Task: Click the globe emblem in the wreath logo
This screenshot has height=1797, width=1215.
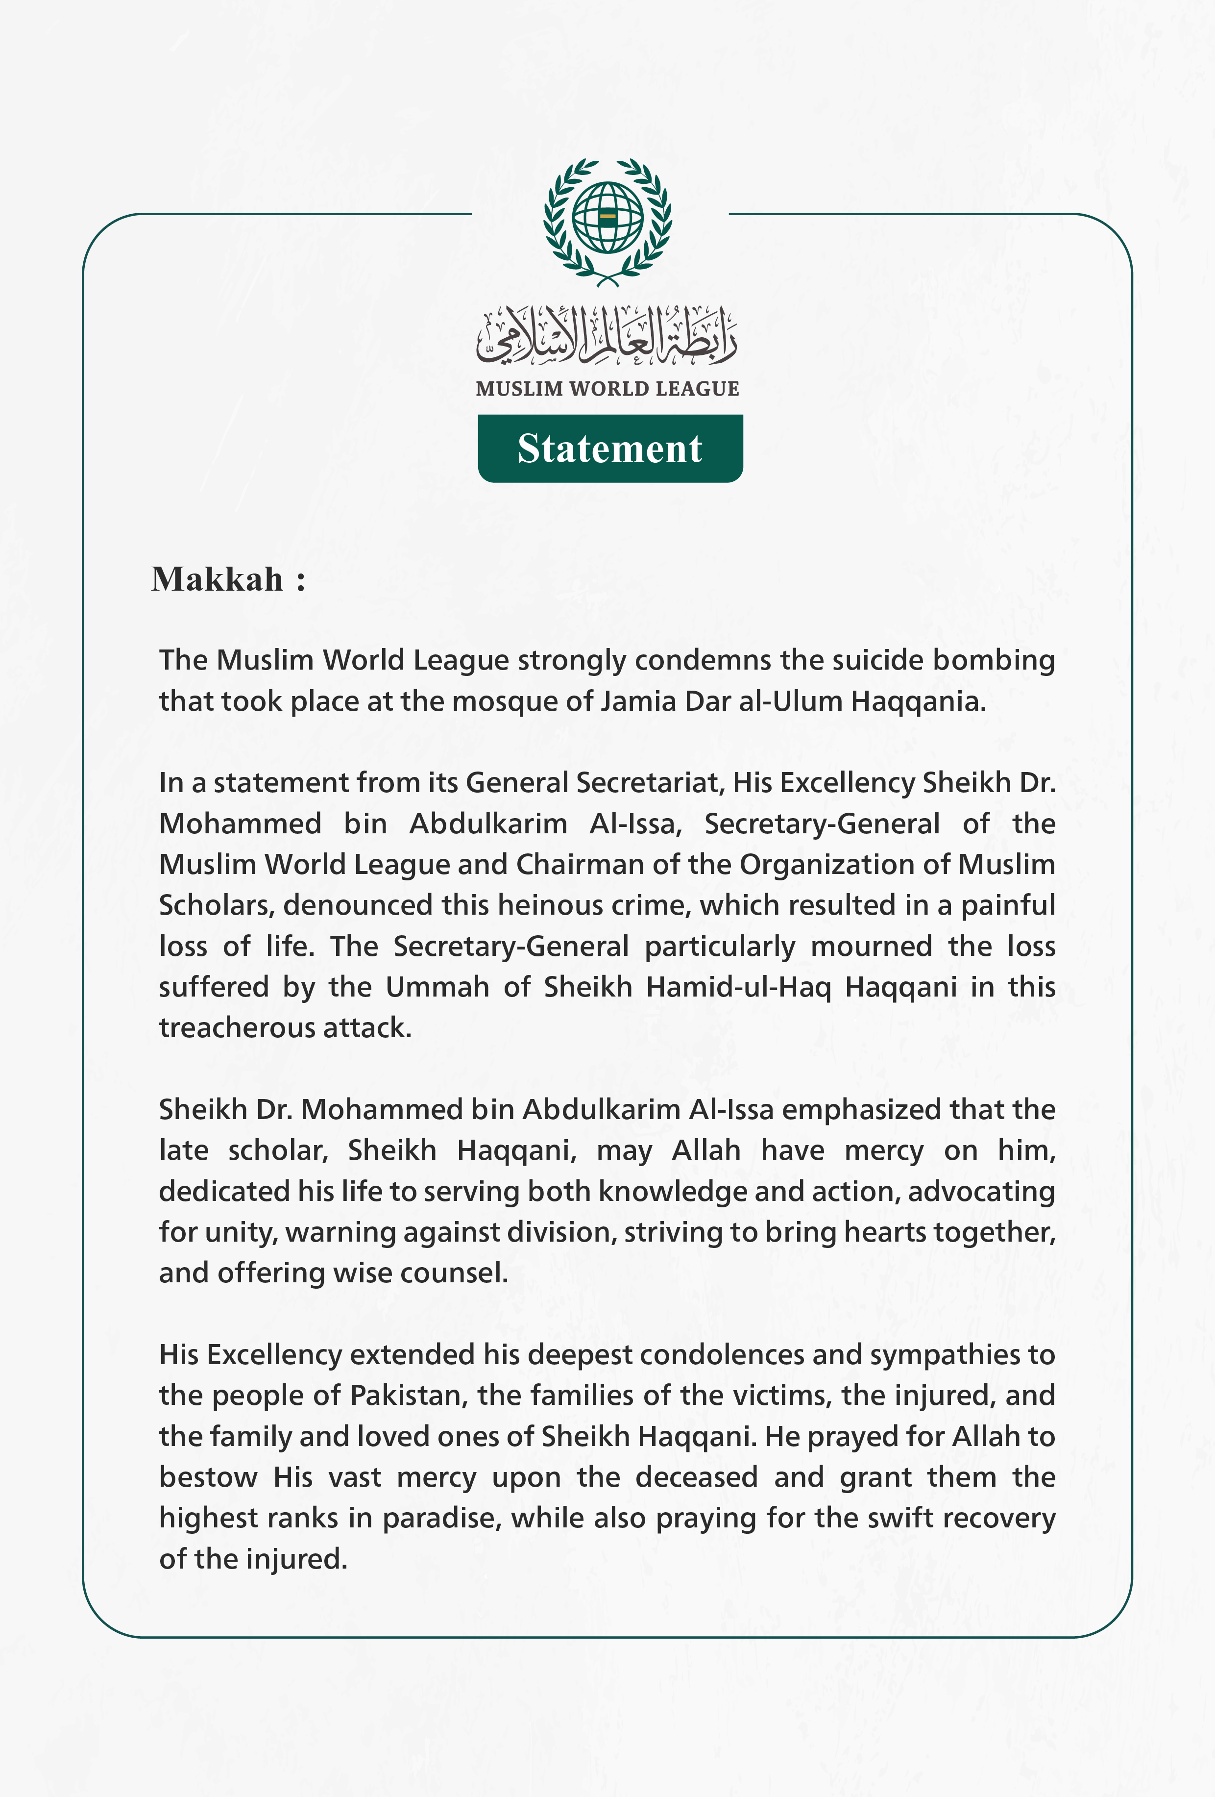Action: point(607,217)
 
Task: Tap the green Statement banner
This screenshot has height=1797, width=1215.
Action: point(610,449)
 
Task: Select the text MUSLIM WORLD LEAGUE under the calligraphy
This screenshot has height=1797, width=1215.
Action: point(607,389)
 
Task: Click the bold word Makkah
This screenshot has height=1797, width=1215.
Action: point(217,579)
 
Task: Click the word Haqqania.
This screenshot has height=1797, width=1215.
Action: point(918,701)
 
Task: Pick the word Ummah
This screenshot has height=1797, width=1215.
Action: point(437,987)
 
